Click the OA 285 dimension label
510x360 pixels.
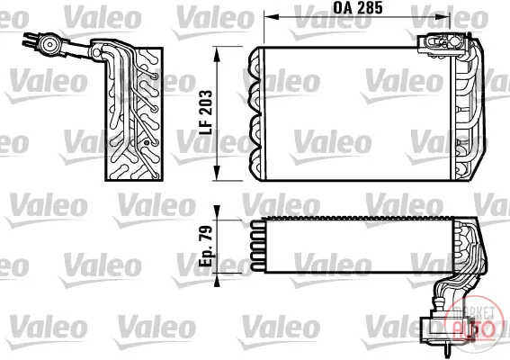click(357, 8)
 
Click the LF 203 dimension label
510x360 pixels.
click(206, 112)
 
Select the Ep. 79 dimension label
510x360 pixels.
click(206, 246)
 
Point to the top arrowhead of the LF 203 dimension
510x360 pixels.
click(217, 54)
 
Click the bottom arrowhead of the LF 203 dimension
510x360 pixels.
click(217, 173)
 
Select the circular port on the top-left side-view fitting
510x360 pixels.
click(49, 44)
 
